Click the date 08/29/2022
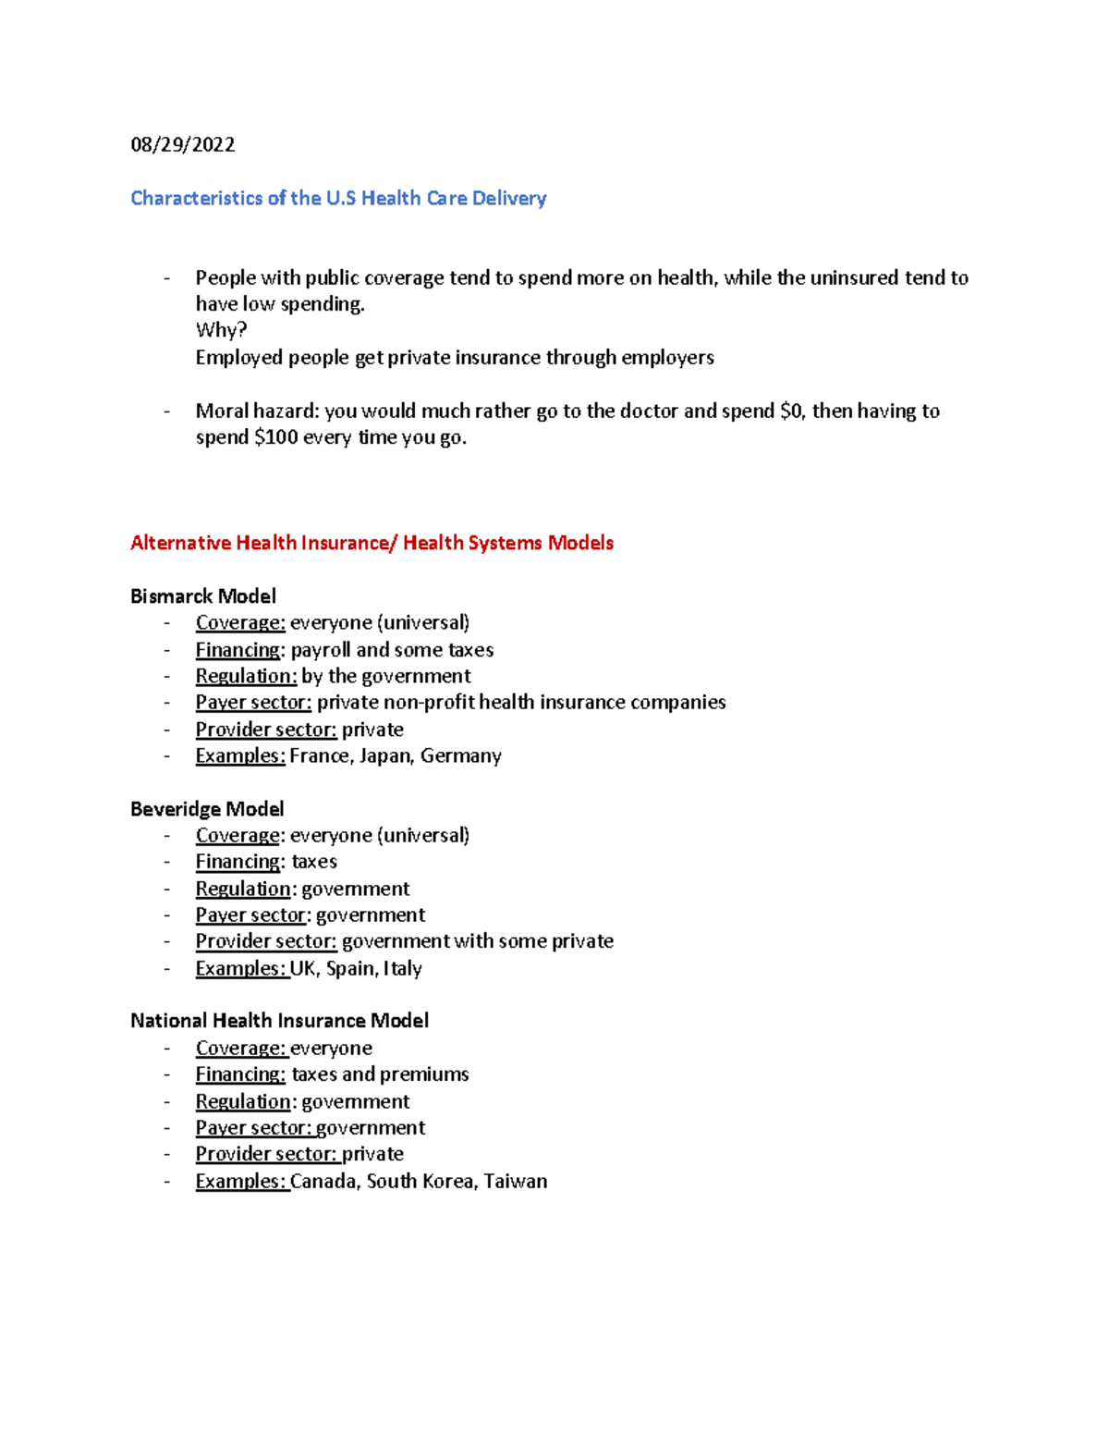pos(182,144)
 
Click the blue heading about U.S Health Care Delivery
pos(338,198)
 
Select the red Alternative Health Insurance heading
pos(372,543)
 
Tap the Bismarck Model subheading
pos(203,596)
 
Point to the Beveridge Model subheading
pos(207,809)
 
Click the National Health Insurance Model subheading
pos(279,1021)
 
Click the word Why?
pos(221,330)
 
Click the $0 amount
pos(792,411)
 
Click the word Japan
pos(384,756)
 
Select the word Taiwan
pos(515,1182)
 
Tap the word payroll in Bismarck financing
pos(321,650)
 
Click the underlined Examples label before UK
pos(240,969)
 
